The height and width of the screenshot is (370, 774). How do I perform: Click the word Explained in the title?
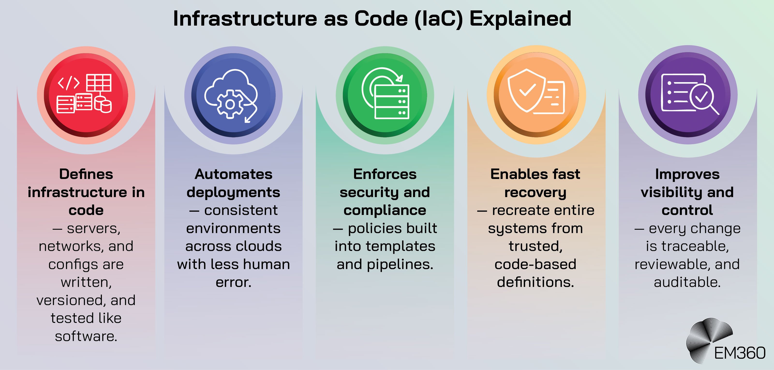click(x=520, y=19)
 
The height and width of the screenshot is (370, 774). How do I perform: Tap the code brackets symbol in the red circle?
click(x=69, y=83)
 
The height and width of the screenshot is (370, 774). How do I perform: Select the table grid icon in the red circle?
click(x=98, y=83)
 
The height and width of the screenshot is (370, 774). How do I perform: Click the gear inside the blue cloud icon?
click(x=230, y=104)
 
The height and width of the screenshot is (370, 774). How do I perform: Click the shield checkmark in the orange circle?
click(x=526, y=90)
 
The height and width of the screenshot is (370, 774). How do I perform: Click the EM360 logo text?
click(x=739, y=353)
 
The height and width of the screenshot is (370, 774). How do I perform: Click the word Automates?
click(x=233, y=174)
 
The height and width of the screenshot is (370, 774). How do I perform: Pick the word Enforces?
click(x=385, y=174)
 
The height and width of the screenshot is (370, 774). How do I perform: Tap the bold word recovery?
click(x=535, y=192)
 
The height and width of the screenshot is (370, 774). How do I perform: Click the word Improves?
click(x=687, y=174)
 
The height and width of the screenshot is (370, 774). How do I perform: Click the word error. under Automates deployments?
click(x=233, y=282)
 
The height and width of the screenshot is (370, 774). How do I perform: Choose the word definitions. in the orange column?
click(x=535, y=282)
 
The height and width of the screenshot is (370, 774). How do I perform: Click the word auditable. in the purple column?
click(x=687, y=282)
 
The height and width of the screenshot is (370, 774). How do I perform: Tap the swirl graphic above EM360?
click(x=707, y=338)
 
